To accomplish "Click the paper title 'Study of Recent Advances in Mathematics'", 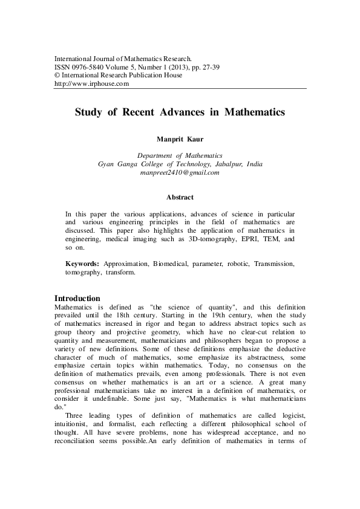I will click(x=180, y=112).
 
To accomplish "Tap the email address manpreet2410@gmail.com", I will click(x=180, y=172).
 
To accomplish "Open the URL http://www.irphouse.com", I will click(x=92, y=83).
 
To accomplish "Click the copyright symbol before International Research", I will click(x=57, y=75).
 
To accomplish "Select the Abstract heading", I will click(x=180, y=197).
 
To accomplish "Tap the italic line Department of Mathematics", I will click(x=180, y=155).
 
